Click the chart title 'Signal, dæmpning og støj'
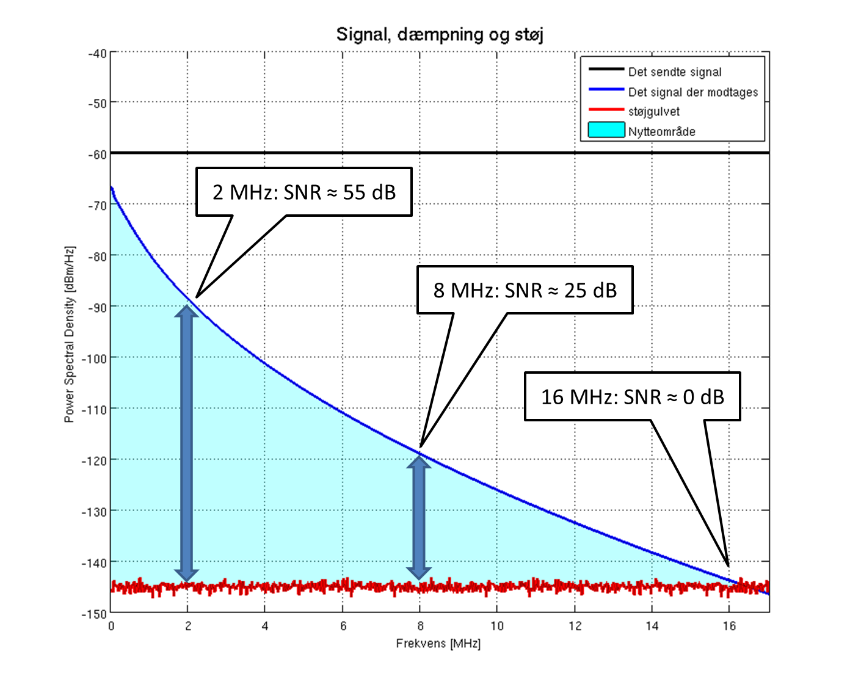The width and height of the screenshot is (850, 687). point(440,34)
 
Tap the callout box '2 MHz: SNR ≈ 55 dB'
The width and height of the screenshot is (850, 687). point(304,192)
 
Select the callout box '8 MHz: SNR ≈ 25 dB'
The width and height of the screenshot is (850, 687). point(525,290)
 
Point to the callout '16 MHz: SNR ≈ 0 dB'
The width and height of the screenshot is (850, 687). point(633,397)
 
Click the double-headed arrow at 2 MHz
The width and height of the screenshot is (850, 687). point(187,442)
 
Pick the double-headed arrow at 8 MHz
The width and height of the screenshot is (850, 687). point(419,517)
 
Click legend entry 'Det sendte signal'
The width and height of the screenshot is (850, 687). point(675,72)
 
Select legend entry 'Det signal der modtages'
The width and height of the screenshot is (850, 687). point(693,92)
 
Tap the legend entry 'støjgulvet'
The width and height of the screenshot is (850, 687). point(654,112)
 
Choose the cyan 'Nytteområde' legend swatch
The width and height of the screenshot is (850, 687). point(606,130)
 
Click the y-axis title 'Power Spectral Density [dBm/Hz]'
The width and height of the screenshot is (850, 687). point(70,335)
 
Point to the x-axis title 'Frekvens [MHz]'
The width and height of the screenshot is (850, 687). point(438,644)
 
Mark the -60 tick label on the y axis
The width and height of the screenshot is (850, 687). point(96,154)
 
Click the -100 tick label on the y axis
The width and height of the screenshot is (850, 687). point(94,358)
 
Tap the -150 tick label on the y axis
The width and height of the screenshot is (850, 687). point(94,614)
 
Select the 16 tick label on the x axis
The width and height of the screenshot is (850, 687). point(729,626)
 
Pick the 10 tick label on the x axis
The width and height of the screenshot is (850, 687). point(497,626)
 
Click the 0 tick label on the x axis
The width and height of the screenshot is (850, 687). point(111,626)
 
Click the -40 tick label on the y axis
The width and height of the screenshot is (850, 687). point(96,53)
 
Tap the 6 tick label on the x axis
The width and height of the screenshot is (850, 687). point(343,626)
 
